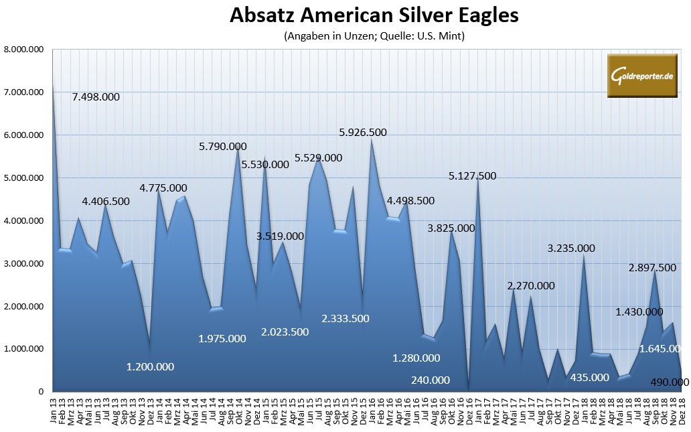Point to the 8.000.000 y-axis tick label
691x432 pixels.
24,49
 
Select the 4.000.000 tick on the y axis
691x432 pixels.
24,220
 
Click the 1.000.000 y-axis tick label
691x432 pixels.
24,349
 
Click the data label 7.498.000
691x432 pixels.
96,96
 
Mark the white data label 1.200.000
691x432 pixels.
151,366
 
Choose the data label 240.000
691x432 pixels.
430,380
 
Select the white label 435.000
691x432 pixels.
589,377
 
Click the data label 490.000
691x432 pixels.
670,382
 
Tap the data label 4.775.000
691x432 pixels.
163,188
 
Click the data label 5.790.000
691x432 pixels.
222,146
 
